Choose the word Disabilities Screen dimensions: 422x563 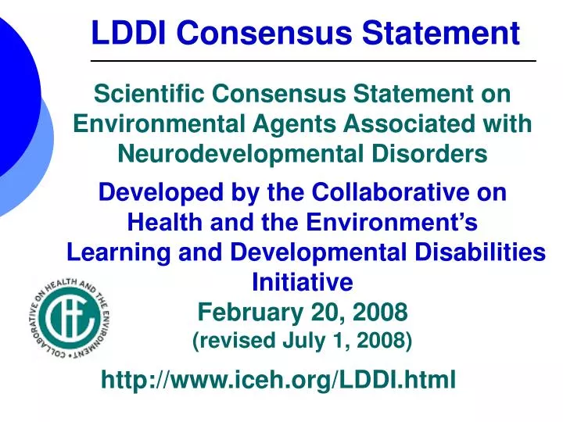coord(478,252)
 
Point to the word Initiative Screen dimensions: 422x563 coord(303,281)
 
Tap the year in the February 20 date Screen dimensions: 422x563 coord(379,313)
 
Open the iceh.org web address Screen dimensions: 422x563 coord(278,381)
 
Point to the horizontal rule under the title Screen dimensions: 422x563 coord(313,61)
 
